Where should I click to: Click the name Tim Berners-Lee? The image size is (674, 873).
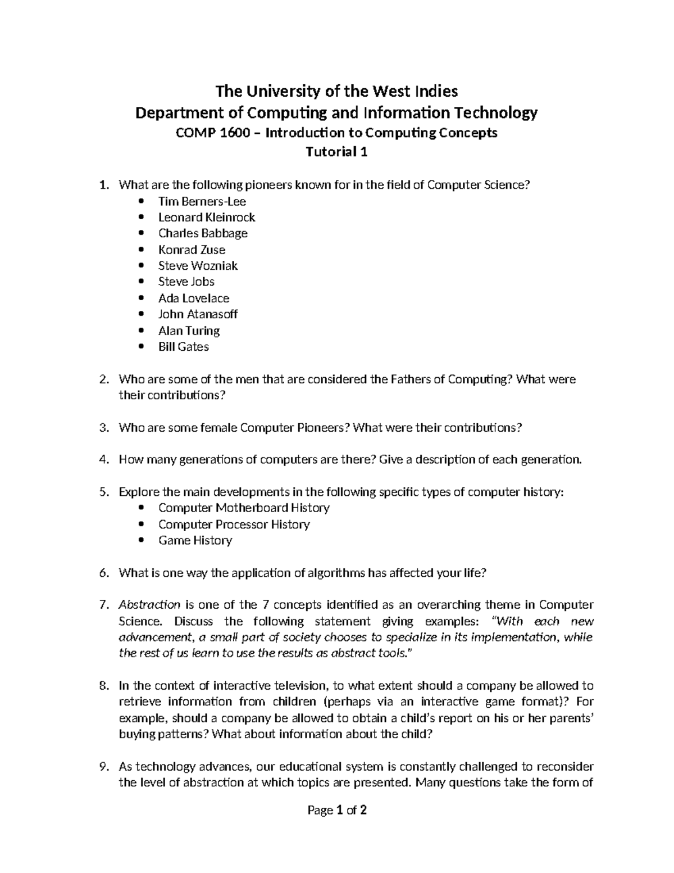[202, 201]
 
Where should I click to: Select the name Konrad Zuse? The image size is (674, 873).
[192, 250]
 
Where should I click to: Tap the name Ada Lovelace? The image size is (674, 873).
[194, 298]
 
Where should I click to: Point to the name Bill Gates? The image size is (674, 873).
[183, 347]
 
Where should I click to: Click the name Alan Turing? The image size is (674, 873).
[189, 331]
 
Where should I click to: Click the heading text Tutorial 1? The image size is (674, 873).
[336, 152]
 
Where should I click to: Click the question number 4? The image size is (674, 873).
[103, 460]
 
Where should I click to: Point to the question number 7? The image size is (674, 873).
[103, 605]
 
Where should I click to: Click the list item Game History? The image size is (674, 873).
[195, 541]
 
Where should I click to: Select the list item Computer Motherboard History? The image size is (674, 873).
[244, 508]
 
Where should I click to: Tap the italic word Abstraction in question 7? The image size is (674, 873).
[149, 605]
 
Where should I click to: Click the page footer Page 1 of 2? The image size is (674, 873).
[337, 810]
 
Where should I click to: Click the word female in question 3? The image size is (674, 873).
[218, 428]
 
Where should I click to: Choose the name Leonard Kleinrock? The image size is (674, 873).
[206, 218]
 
